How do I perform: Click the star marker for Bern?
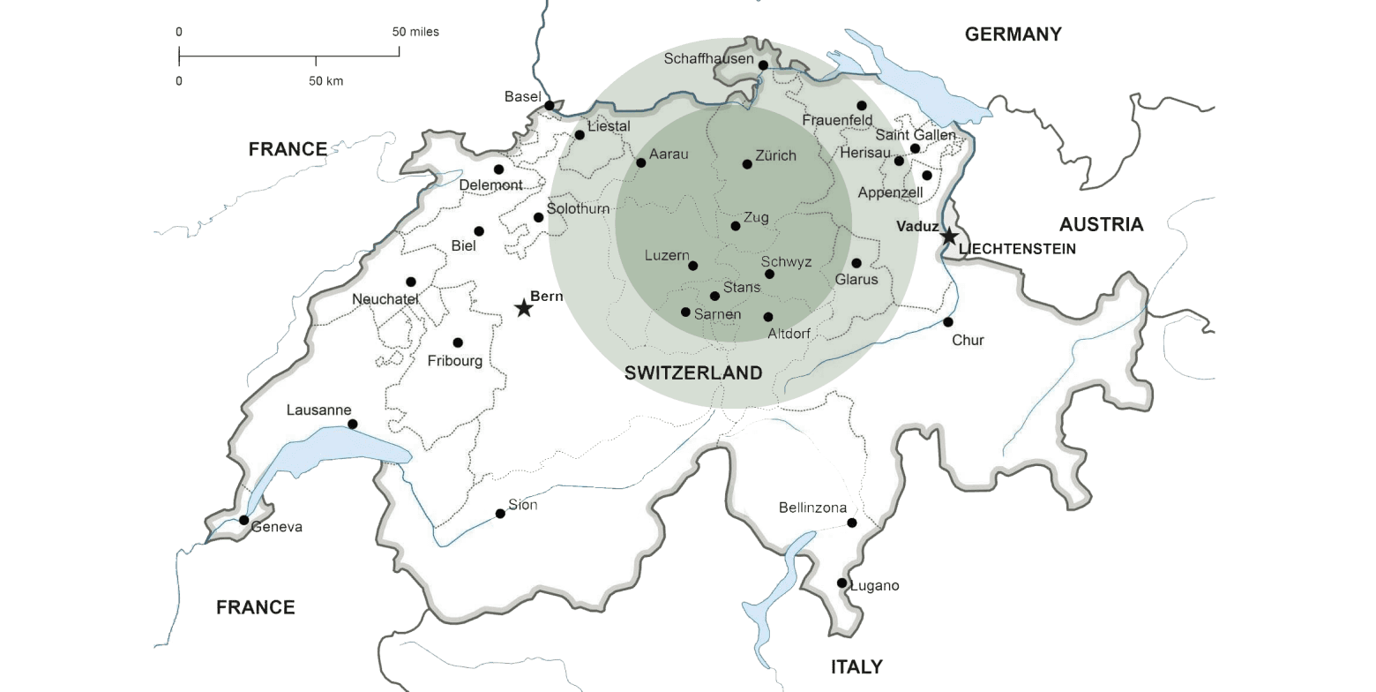tap(524, 308)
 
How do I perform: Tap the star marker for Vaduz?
tap(949, 237)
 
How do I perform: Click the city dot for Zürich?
tap(747, 164)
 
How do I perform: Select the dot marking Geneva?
tap(244, 520)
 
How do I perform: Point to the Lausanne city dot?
tap(353, 425)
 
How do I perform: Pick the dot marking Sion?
tap(500, 514)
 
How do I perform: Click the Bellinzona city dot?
tap(852, 523)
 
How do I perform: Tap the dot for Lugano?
tap(841, 583)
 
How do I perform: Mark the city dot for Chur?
tap(948, 322)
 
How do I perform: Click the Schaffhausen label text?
tap(708, 59)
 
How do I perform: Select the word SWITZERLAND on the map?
tap(693, 372)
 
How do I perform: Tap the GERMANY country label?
tap(1013, 34)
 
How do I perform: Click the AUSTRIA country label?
tap(1101, 224)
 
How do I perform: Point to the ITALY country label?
tap(856, 666)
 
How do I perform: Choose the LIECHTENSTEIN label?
tap(1017, 249)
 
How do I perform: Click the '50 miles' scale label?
tap(415, 32)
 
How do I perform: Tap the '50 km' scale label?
tap(325, 81)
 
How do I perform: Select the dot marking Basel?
tap(550, 106)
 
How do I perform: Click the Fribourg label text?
tap(455, 361)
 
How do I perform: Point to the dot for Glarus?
tap(856, 263)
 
